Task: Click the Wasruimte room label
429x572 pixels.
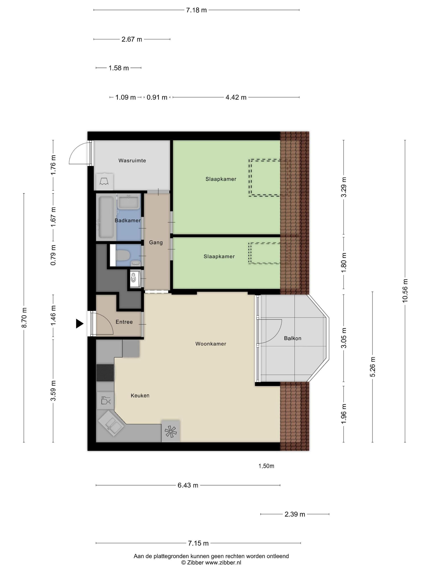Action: (x=132, y=161)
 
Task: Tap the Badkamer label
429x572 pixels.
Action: (x=128, y=221)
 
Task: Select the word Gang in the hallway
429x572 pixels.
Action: (x=156, y=242)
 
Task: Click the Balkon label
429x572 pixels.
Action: (x=293, y=338)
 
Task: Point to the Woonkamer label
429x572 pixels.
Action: (x=211, y=344)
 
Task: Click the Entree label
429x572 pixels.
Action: (x=124, y=322)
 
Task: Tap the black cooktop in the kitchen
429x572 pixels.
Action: (x=105, y=373)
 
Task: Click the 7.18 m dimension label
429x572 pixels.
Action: (x=196, y=10)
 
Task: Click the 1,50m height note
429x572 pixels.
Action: (x=266, y=466)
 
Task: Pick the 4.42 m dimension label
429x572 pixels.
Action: (x=236, y=97)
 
